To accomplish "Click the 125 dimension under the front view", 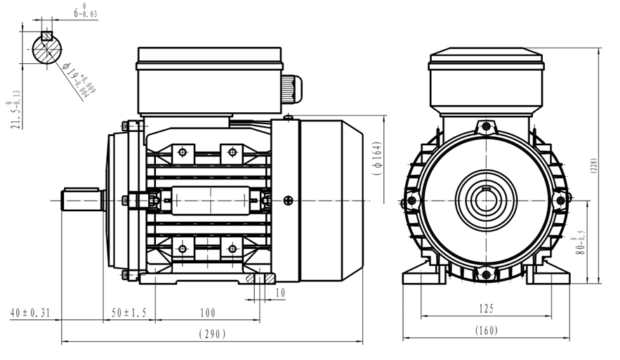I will click(487, 308).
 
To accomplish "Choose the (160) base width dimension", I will click(487, 330).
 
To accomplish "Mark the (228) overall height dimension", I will click(594, 166).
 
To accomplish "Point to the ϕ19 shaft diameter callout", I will click(79, 77).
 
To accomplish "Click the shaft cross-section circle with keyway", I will click(47, 48).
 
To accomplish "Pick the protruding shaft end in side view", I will click(83, 199).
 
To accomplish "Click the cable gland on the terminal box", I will click(292, 88).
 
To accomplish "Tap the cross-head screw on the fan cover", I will click(287, 200).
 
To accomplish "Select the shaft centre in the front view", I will click(486, 200).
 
